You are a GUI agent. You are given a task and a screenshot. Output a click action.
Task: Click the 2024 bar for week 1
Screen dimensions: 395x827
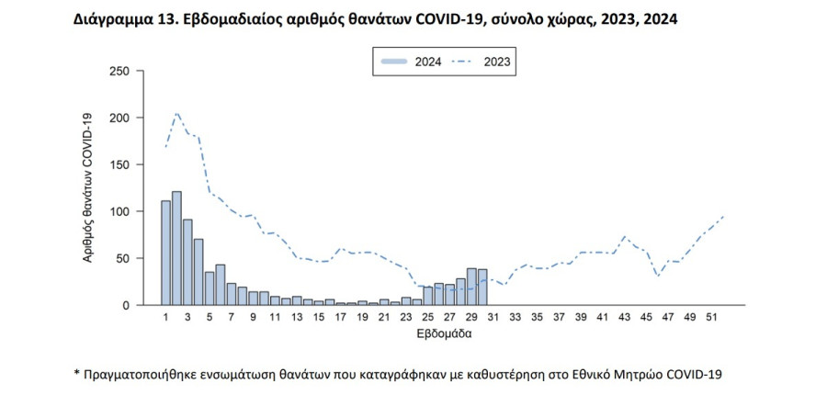tap(165, 253)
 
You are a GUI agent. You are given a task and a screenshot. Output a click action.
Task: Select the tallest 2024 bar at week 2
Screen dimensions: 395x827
tap(176, 248)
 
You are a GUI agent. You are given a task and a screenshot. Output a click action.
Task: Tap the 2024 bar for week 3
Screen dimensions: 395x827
tap(187, 262)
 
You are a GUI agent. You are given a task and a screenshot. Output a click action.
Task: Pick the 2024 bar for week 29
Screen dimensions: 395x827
tap(471, 287)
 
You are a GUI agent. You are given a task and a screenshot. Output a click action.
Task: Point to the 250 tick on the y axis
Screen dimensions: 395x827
tap(120, 72)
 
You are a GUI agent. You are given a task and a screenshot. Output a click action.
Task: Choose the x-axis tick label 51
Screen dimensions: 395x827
tap(712, 317)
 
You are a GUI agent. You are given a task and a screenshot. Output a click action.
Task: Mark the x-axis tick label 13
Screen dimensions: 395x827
tap(297, 317)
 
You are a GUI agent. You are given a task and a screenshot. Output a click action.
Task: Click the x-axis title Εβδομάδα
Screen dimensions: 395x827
tap(444, 334)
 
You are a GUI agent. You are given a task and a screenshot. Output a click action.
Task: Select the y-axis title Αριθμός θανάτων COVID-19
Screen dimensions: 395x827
tap(89, 188)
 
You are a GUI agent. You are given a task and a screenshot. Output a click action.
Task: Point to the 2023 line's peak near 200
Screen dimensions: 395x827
tap(176, 113)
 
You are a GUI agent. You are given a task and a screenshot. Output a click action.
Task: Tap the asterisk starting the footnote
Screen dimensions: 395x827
tap(76, 375)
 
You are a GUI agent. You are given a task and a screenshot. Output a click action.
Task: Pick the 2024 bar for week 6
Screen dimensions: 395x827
tap(220, 285)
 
